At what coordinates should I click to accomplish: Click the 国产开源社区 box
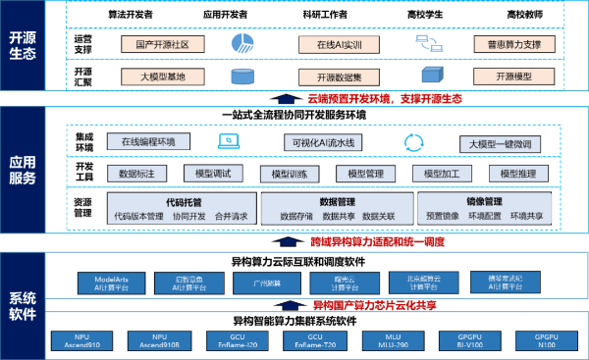coord(161,44)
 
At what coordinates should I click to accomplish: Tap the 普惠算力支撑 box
coord(513,44)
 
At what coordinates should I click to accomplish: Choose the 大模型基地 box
coord(161,76)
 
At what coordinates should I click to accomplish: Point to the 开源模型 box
coord(513,76)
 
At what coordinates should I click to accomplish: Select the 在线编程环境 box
coord(148,142)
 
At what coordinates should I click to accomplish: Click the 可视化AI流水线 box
coord(325,142)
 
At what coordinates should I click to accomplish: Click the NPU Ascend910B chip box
coord(160,340)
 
